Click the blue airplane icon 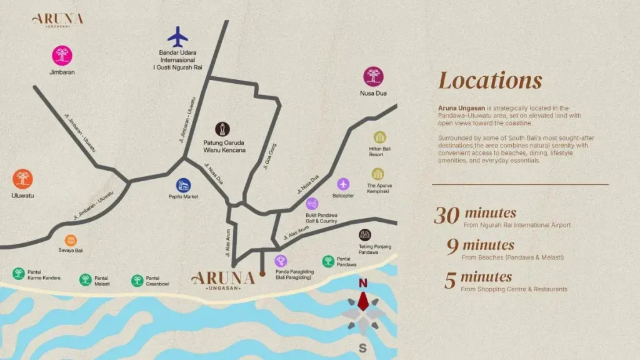pos(178,36)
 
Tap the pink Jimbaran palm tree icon pos(62,56)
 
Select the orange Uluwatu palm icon pos(22,180)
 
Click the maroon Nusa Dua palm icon pos(374,77)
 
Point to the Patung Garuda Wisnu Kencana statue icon pos(220,129)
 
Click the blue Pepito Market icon pos(183,185)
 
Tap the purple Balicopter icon pos(343,184)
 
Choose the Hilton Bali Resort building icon pos(379,137)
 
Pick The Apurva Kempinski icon pos(377,174)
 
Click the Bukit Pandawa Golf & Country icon pos(312,204)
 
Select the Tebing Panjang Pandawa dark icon pos(366,235)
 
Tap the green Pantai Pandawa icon pos(328,261)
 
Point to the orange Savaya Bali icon pos(71,240)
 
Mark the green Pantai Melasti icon pos(85,279)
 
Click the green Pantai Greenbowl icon pos(137,280)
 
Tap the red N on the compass pos(362,284)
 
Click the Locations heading pos(490,81)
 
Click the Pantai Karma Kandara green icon pos(19,274)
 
